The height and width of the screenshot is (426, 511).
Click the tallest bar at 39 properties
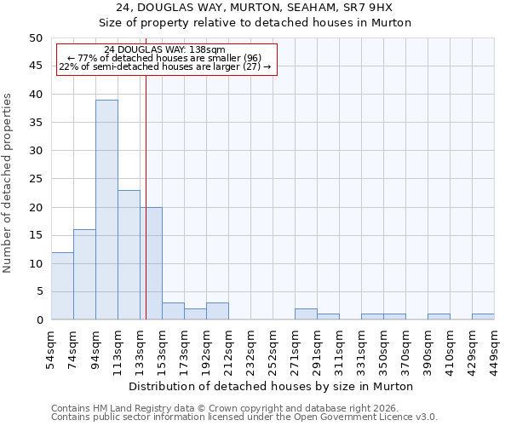(106, 210)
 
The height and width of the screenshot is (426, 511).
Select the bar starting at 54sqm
(62, 285)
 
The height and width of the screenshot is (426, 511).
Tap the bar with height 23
(129, 255)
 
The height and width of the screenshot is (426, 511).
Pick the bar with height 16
(84, 274)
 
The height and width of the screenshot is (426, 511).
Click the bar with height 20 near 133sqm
(151, 263)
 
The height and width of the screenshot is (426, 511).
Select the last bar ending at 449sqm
(483, 317)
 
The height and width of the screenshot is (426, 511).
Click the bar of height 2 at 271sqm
(306, 314)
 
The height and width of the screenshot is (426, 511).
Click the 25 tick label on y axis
(35, 179)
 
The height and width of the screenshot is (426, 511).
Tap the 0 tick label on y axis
(38, 320)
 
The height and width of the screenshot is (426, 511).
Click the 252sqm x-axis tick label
(273, 349)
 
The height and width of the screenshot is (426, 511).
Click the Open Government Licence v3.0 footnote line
(244, 417)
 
